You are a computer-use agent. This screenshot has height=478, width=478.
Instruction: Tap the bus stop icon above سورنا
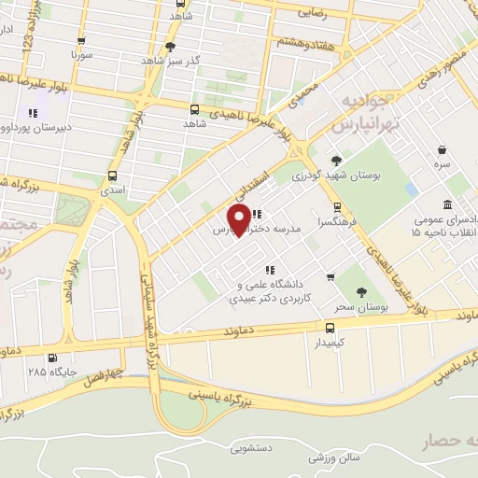pos(82,41)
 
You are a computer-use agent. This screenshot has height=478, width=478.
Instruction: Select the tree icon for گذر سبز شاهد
pos(170,46)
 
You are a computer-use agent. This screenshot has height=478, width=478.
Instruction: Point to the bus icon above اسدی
pos(113,175)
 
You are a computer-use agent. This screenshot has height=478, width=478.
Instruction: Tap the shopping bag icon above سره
pos(441,149)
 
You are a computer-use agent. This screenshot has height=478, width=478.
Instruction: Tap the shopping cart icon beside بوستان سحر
pos(330,277)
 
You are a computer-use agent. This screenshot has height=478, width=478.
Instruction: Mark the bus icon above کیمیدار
pos(330,328)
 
